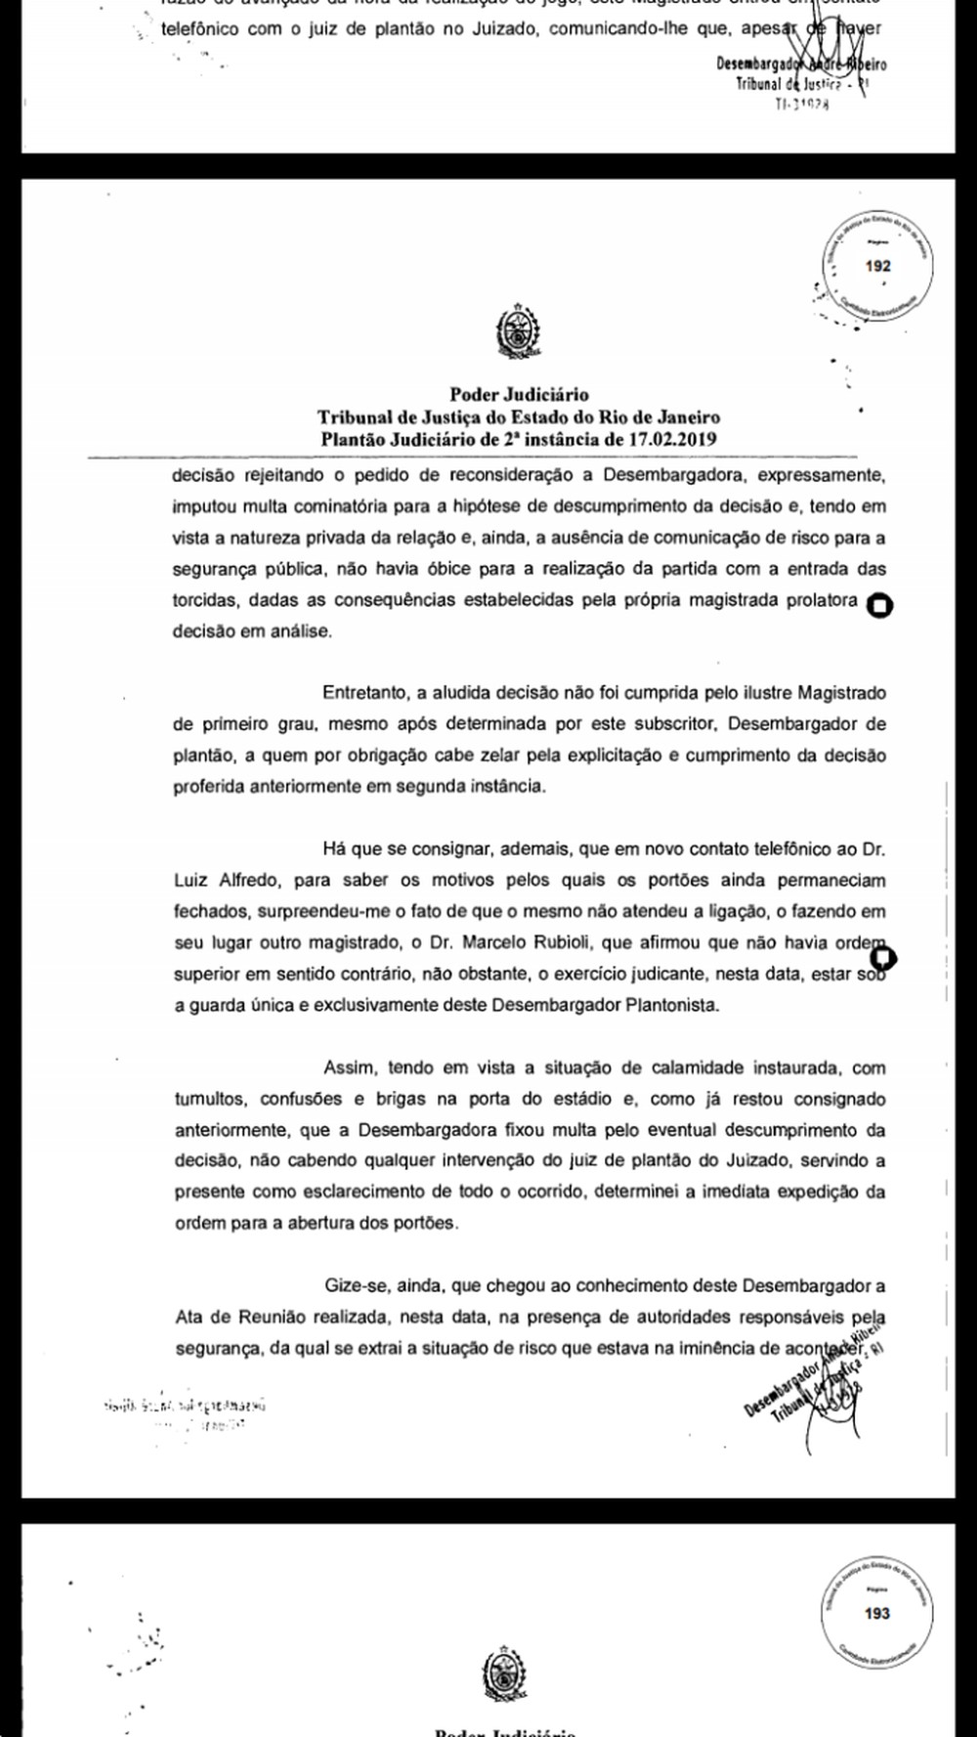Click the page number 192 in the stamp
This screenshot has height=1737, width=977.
tap(877, 266)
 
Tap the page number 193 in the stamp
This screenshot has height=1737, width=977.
tap(876, 1613)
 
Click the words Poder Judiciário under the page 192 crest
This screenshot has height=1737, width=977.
tap(519, 395)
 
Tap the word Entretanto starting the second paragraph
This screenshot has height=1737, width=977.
tap(366, 693)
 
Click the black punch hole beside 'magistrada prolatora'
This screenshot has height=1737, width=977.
tap(879, 606)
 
